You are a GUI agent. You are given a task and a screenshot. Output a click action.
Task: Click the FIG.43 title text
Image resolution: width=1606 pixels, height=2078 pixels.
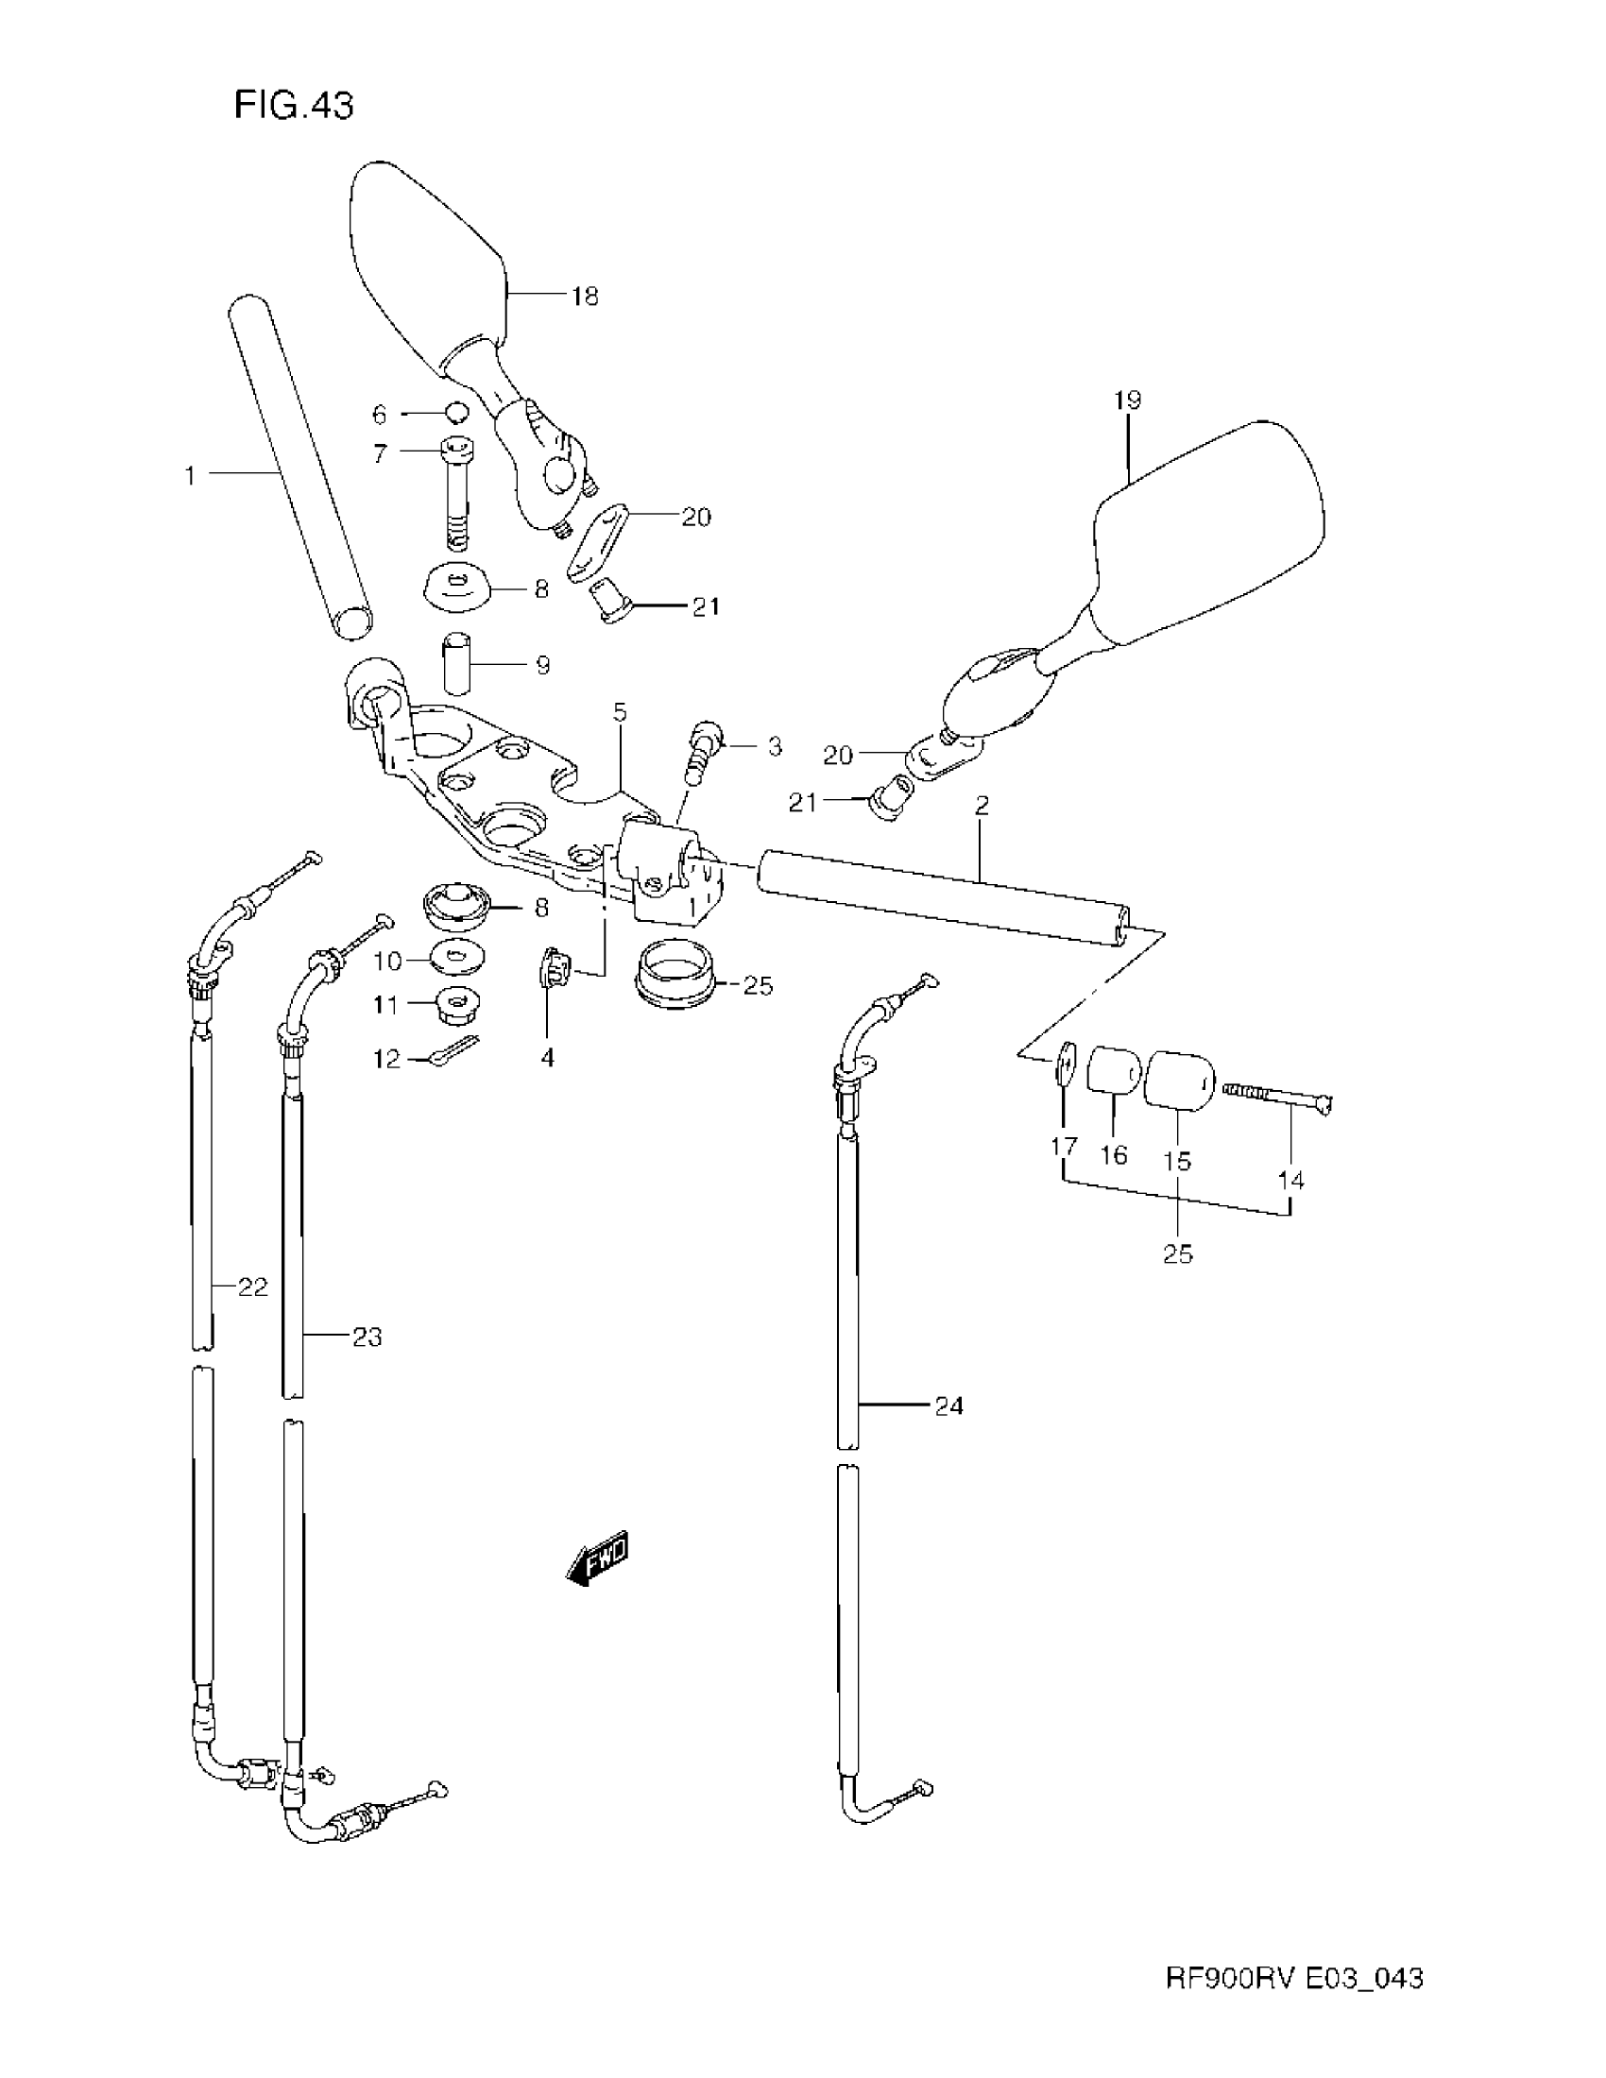(x=293, y=105)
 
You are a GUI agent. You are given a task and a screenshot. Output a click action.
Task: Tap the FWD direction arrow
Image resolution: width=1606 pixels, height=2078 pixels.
(x=597, y=1559)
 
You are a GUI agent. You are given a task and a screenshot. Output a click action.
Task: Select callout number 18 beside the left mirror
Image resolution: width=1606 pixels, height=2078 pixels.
(x=585, y=297)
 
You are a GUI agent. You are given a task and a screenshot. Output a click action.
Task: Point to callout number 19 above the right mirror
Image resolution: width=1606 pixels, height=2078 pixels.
(x=1127, y=400)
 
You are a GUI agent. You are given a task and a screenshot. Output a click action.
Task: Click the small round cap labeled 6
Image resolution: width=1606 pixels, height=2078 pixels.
(x=457, y=413)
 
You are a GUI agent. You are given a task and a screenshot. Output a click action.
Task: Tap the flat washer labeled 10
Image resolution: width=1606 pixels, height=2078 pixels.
(x=457, y=958)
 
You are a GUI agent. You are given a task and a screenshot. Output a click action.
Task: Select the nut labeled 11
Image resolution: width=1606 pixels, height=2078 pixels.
(x=458, y=1005)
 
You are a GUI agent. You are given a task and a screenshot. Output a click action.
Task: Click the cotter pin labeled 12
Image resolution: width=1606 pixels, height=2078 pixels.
(x=453, y=1051)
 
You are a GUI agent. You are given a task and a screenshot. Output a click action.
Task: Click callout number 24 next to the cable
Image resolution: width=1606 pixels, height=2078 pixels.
(x=948, y=1405)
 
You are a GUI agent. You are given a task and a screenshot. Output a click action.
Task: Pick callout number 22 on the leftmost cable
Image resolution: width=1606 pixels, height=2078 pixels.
(x=252, y=1287)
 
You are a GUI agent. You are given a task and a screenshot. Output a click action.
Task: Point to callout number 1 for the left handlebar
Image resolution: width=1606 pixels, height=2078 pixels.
(x=190, y=475)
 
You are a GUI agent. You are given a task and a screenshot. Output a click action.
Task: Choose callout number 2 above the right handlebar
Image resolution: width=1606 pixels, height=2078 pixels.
(x=982, y=806)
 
